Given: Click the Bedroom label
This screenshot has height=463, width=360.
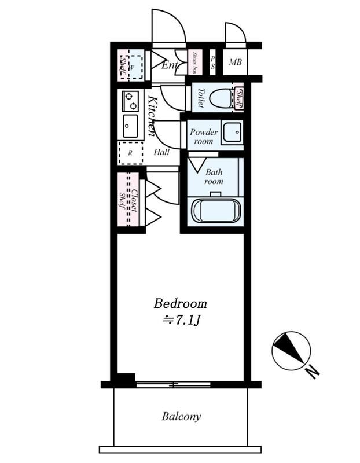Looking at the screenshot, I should pos(180,303).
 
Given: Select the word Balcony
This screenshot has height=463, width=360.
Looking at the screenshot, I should pos(181,416).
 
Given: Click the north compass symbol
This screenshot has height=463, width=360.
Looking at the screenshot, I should pos(291,351).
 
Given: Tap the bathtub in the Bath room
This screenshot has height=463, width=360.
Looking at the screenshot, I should pos(216,211).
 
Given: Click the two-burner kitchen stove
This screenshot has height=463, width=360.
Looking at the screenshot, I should pos(130,101).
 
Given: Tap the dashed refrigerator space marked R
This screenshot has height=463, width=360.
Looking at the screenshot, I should pos(130,153).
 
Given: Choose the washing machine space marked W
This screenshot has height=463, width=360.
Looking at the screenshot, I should pos(133,66).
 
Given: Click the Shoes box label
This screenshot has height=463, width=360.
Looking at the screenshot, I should pos(196,63).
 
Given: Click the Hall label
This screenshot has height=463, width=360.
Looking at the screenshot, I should pos(161,153).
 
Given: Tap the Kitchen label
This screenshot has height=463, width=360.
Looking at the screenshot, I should pos(150,116).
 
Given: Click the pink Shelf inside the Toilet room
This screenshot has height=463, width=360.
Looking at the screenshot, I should pos(238,98).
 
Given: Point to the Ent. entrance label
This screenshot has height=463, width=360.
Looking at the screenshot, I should pos(170,65).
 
